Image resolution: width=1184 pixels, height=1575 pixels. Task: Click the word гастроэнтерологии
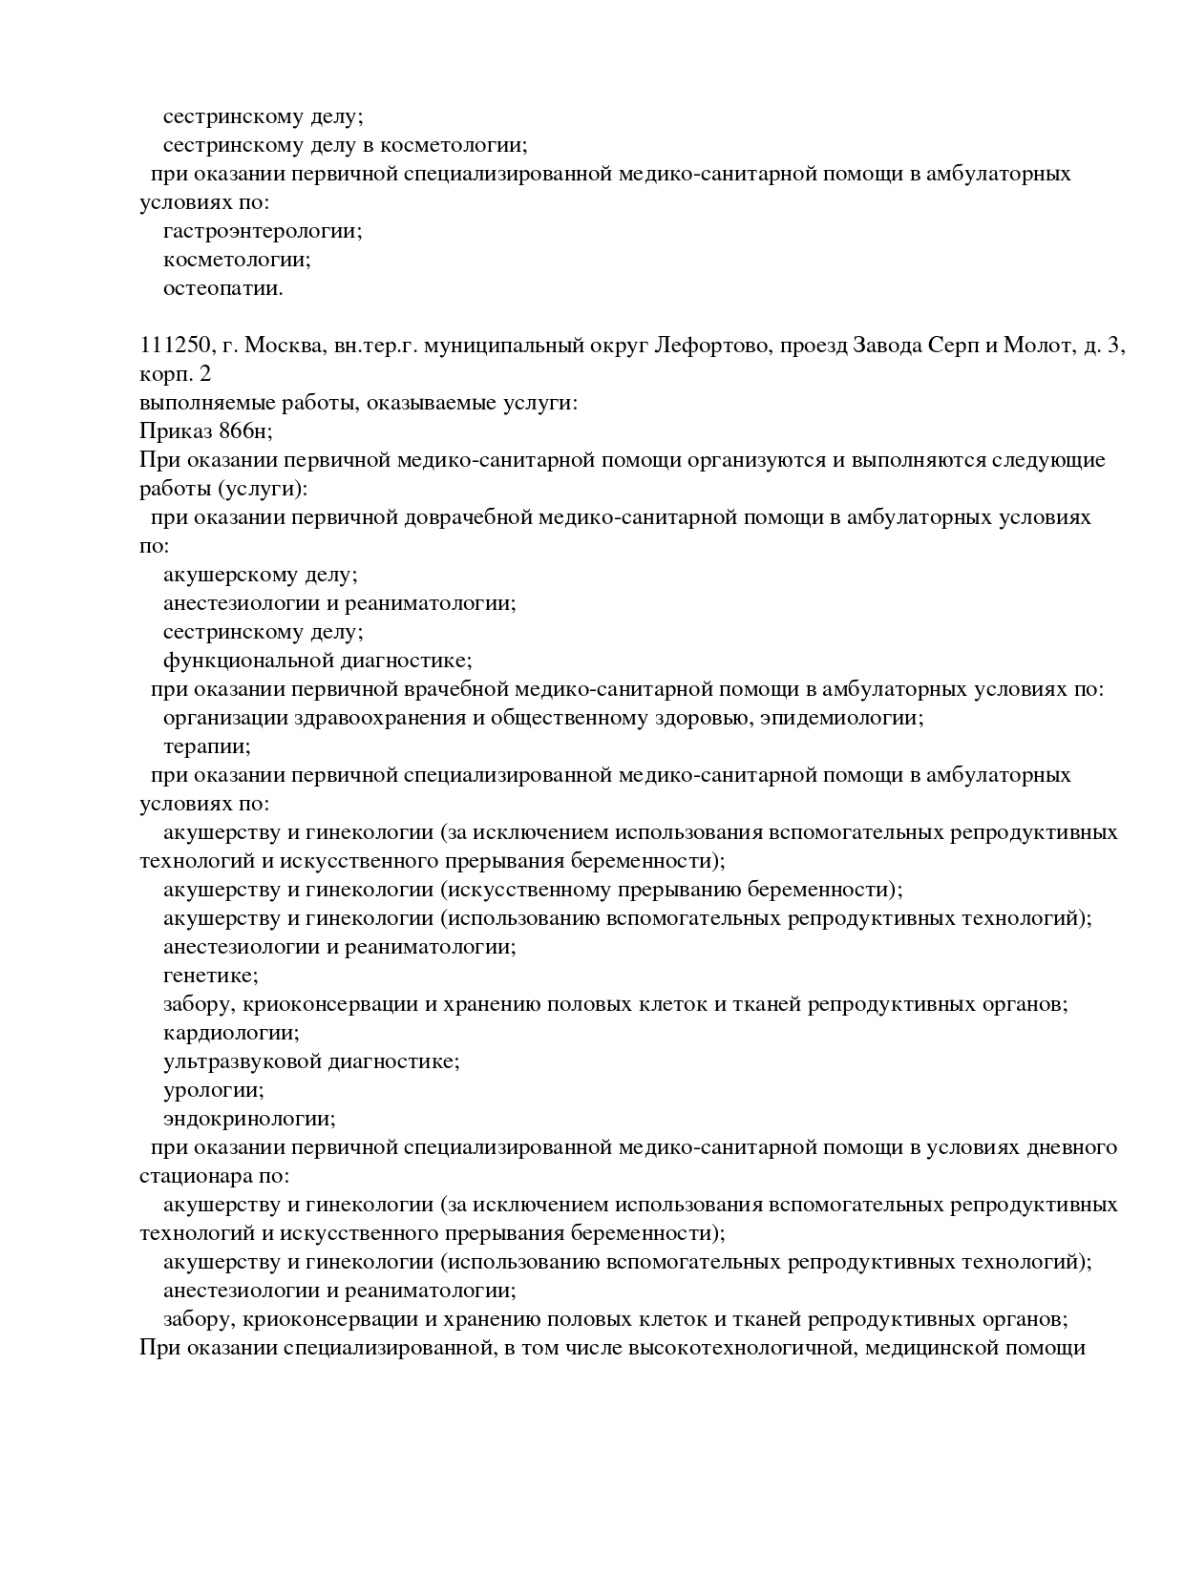262,232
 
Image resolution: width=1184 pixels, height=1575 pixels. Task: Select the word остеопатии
222,289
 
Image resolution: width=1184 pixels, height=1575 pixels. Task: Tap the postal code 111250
174,346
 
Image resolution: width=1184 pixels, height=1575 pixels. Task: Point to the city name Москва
286,346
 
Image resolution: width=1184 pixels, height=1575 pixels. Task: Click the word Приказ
175,432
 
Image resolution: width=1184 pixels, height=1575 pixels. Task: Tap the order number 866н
246,432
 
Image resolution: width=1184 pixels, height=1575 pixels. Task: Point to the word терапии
206,747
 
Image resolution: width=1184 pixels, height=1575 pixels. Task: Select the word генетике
210,976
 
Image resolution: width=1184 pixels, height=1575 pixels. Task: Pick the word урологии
213,1091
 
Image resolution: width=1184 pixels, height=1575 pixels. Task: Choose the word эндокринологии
248,1120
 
